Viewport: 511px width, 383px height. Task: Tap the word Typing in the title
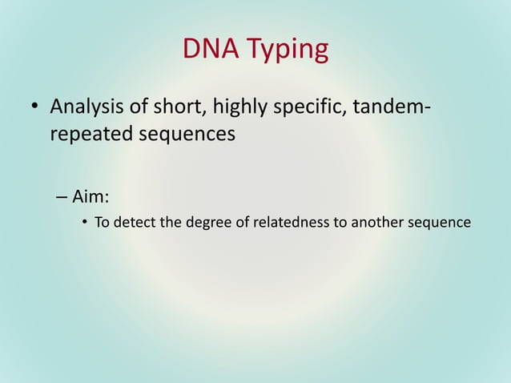(x=286, y=51)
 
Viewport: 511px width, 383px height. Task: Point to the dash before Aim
(x=62, y=196)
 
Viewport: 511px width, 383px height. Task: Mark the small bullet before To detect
(x=85, y=223)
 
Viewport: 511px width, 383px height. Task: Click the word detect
(x=135, y=223)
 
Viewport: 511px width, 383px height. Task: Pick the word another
(x=375, y=222)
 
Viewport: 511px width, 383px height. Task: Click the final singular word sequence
(x=439, y=223)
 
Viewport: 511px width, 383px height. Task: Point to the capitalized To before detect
(x=103, y=222)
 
